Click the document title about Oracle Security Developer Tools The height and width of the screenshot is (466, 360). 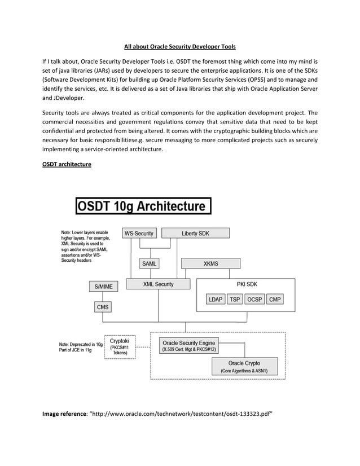[x=179, y=46]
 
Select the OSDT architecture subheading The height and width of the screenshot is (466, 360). [x=67, y=164]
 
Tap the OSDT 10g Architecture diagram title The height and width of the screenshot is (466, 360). [x=143, y=206]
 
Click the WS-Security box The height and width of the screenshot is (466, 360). [x=139, y=234]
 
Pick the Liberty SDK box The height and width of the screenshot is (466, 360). [x=195, y=234]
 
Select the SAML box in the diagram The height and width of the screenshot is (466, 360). [x=149, y=263]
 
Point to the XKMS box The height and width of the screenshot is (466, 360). [x=210, y=263]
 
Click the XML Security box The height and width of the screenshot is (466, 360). [x=159, y=284]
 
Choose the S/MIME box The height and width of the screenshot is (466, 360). [x=103, y=287]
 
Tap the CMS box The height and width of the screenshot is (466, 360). [x=103, y=307]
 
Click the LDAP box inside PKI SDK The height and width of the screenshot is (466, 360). [x=216, y=300]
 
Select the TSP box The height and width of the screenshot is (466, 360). [x=235, y=300]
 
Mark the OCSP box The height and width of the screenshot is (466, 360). [x=254, y=300]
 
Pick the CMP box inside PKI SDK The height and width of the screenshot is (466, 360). [x=275, y=300]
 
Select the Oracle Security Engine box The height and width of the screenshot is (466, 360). [x=188, y=346]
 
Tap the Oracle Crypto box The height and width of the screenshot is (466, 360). [x=244, y=367]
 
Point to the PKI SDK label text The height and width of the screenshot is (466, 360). [x=247, y=284]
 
